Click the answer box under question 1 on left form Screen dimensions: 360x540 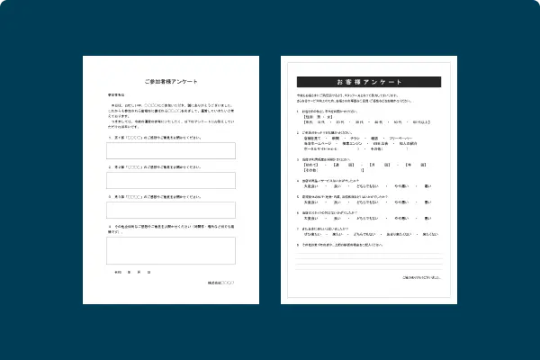click(x=171, y=151)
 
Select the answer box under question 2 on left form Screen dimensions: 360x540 click(x=171, y=180)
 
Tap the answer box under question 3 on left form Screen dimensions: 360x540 click(x=171, y=210)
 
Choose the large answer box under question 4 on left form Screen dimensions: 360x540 click(x=171, y=250)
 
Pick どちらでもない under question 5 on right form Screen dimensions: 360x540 click(x=364, y=202)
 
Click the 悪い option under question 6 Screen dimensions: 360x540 click(x=427, y=218)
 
